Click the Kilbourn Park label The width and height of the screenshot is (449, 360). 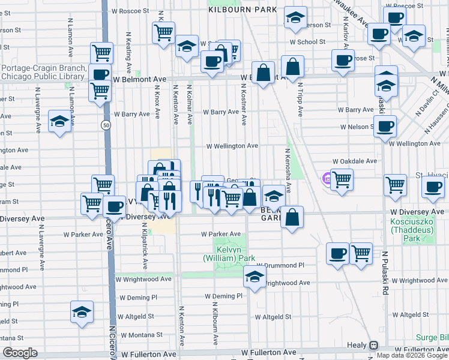tap(243, 10)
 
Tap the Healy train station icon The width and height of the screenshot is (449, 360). tap(373, 346)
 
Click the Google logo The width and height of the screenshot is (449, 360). tap(20, 353)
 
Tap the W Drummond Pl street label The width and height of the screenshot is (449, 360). tap(280, 265)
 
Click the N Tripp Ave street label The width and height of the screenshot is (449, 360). tap(299, 96)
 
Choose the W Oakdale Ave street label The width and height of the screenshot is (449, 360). tap(356, 161)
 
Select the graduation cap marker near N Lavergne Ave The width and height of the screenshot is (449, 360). tap(59, 122)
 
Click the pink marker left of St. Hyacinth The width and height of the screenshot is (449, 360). tap(327, 178)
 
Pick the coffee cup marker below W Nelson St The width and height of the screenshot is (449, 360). tap(384, 127)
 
